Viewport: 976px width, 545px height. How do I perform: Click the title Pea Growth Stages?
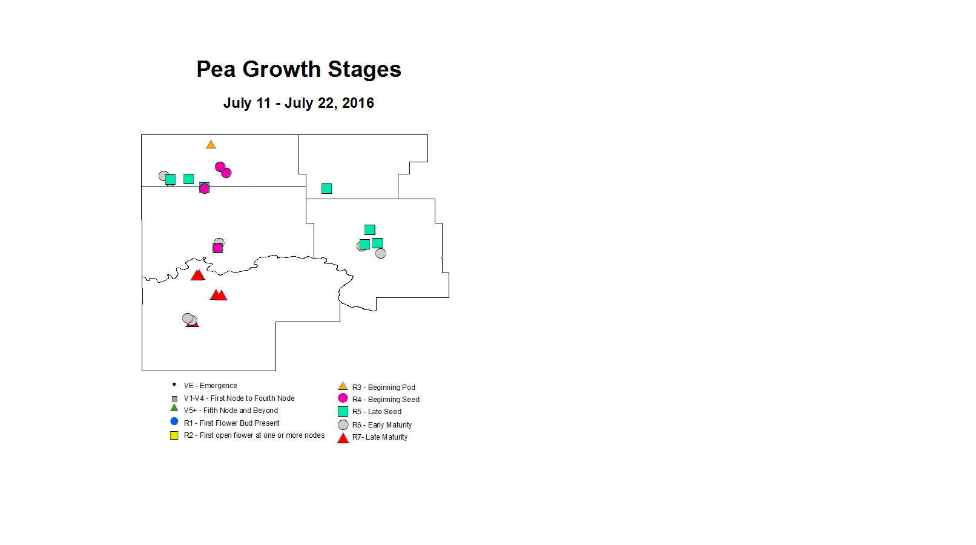click(298, 69)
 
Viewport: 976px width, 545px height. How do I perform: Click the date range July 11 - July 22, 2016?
click(298, 103)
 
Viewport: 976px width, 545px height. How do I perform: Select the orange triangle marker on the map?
click(211, 144)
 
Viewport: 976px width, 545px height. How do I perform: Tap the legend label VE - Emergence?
click(211, 386)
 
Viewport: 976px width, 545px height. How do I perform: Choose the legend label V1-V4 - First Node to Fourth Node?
click(239, 398)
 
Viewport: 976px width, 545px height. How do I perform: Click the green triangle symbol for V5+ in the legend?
click(174, 408)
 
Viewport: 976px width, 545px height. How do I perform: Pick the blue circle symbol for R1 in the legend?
click(174, 421)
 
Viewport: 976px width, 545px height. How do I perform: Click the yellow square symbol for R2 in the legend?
click(174, 435)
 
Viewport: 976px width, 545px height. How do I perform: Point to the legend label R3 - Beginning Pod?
click(384, 388)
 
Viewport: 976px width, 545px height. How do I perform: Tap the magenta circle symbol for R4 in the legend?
click(343, 398)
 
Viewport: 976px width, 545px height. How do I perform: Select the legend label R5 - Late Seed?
click(377, 412)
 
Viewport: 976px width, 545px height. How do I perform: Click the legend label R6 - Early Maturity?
click(382, 424)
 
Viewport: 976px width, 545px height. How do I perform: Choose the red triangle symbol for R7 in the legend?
click(343, 438)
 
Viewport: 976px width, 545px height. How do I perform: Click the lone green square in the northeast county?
click(327, 189)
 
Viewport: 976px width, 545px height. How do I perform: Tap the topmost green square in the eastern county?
click(370, 230)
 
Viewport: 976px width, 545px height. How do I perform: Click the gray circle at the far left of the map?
click(163, 176)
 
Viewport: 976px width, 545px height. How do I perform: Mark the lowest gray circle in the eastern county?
click(381, 253)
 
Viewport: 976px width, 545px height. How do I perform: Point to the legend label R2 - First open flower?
click(254, 435)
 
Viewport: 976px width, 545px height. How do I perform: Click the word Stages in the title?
click(364, 70)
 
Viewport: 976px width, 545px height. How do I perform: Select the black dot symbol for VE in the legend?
click(174, 385)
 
